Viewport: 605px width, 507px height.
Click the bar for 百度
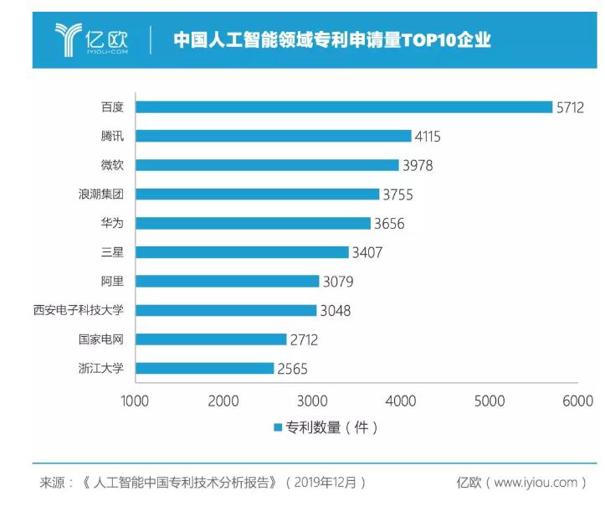[x=344, y=106]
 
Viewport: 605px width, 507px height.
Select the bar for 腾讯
[x=274, y=136]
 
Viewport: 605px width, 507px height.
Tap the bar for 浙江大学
[x=205, y=368]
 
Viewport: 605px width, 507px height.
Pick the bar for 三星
[x=242, y=252]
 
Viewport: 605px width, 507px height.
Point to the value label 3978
[x=417, y=165]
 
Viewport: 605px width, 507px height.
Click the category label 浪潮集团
[x=100, y=194]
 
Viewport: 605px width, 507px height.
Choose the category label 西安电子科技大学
[x=78, y=310]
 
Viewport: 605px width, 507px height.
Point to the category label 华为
[x=111, y=223]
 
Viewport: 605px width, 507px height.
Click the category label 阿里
[x=111, y=281]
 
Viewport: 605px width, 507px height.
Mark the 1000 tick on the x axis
[x=135, y=401]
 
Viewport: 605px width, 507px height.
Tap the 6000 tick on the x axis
[x=577, y=401]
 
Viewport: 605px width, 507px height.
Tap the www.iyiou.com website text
[x=536, y=483]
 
